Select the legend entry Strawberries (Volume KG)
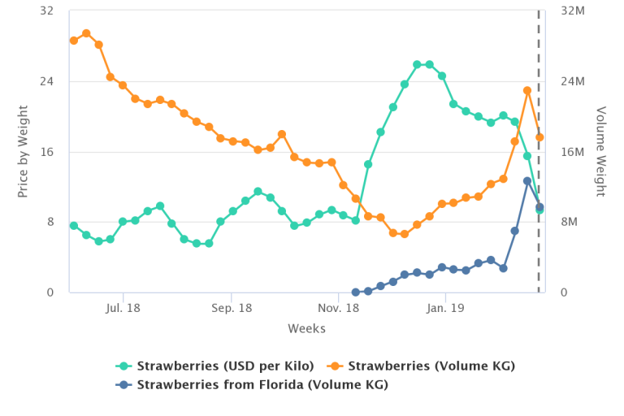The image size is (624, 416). click(431, 366)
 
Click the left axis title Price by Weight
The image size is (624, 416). click(23, 151)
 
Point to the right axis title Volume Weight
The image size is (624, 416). click(601, 151)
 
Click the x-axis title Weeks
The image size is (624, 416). click(306, 329)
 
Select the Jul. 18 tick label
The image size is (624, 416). click(123, 308)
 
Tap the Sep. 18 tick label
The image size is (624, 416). click(232, 308)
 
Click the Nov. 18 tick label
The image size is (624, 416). click(339, 308)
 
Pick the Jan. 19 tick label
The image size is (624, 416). click(446, 308)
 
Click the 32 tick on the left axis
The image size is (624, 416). click(46, 11)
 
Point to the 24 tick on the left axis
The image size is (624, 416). click(46, 81)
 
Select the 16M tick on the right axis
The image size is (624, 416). click(574, 152)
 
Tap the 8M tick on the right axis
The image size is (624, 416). click(570, 222)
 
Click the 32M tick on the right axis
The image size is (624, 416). click(574, 11)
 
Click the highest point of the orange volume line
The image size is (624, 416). click(86, 33)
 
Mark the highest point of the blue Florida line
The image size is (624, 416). click(527, 181)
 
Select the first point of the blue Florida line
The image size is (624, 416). click(356, 292)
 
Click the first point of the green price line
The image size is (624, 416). click(74, 226)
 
